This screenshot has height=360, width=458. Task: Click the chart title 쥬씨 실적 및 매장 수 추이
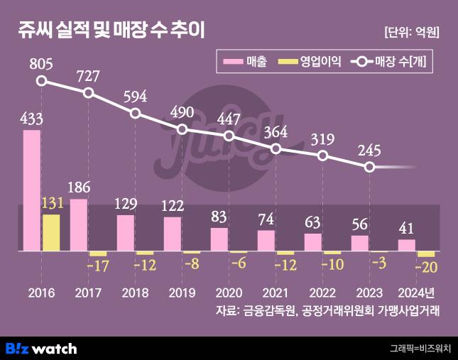point(112,31)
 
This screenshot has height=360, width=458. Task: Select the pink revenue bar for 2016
point(32,190)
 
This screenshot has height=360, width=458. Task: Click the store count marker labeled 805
point(42,81)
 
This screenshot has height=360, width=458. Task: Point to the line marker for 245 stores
point(369,167)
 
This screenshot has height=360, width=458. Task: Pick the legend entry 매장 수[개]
point(388,62)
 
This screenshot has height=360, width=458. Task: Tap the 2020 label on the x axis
point(229,293)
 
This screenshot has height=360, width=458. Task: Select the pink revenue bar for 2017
point(79,225)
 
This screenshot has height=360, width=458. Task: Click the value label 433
point(32,119)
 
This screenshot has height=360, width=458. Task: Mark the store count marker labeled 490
point(182,129)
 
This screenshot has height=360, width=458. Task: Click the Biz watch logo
point(41,348)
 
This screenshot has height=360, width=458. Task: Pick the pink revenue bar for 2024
point(407,245)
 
